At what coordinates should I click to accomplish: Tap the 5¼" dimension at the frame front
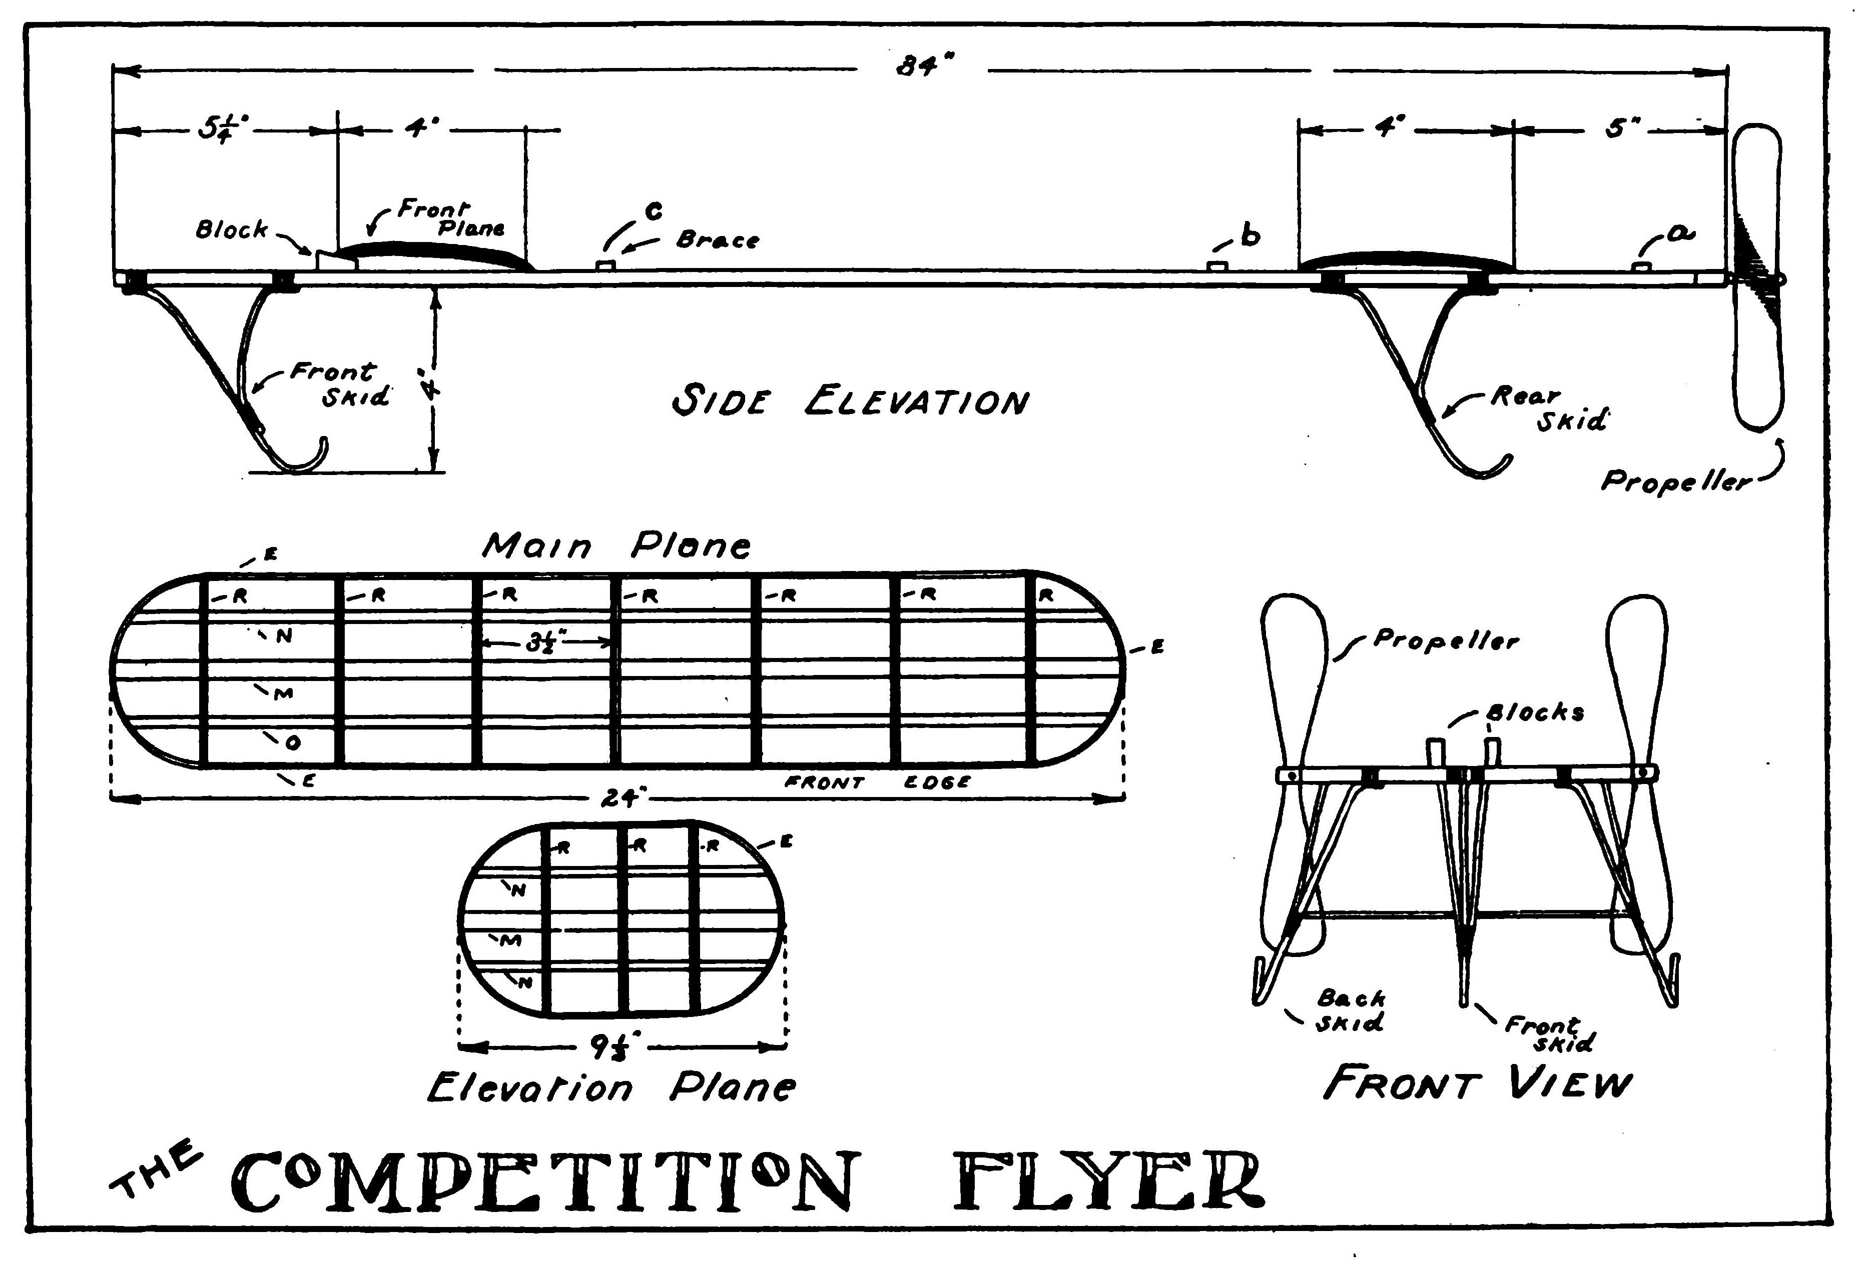pyautogui.click(x=224, y=128)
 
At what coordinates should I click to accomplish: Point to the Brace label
pyautogui.click(x=718, y=239)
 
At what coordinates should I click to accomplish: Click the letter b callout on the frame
pyautogui.click(x=1250, y=236)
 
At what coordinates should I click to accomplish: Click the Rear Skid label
pyautogui.click(x=1549, y=407)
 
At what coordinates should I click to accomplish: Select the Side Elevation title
pyautogui.click(x=849, y=401)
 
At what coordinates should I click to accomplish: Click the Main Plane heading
pyautogui.click(x=616, y=546)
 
